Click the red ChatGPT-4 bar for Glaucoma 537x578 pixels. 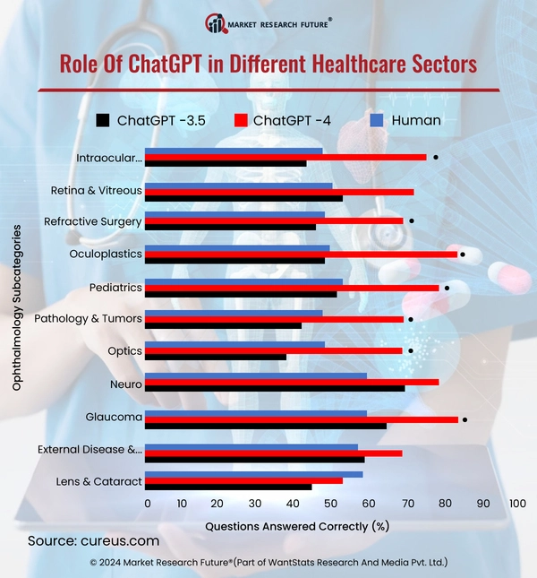point(301,419)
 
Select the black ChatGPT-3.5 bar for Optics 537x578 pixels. point(215,357)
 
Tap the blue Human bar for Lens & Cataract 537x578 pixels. point(253,474)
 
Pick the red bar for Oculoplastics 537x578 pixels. point(301,254)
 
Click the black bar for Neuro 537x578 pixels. point(274,388)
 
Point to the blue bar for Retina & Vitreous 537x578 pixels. point(238,185)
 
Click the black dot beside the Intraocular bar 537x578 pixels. point(436,157)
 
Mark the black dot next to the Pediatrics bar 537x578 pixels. point(447,288)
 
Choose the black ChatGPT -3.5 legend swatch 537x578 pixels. point(103,120)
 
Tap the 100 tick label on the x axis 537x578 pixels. point(516,505)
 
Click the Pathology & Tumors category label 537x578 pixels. point(88,319)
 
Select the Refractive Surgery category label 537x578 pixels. point(93,221)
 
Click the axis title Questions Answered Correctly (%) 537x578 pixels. point(297,527)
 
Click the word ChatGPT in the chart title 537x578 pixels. point(162,64)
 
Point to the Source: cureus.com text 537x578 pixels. point(93,541)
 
